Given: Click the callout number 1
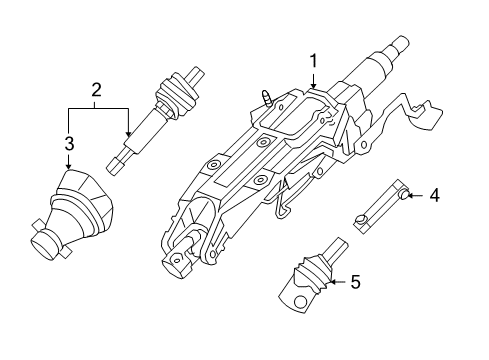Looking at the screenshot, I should click(313, 61).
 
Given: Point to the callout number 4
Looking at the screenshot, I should click(433, 195).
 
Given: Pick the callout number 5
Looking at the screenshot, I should click(355, 283).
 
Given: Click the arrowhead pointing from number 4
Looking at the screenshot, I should click(412, 195).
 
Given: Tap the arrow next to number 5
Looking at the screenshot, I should click(332, 283).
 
